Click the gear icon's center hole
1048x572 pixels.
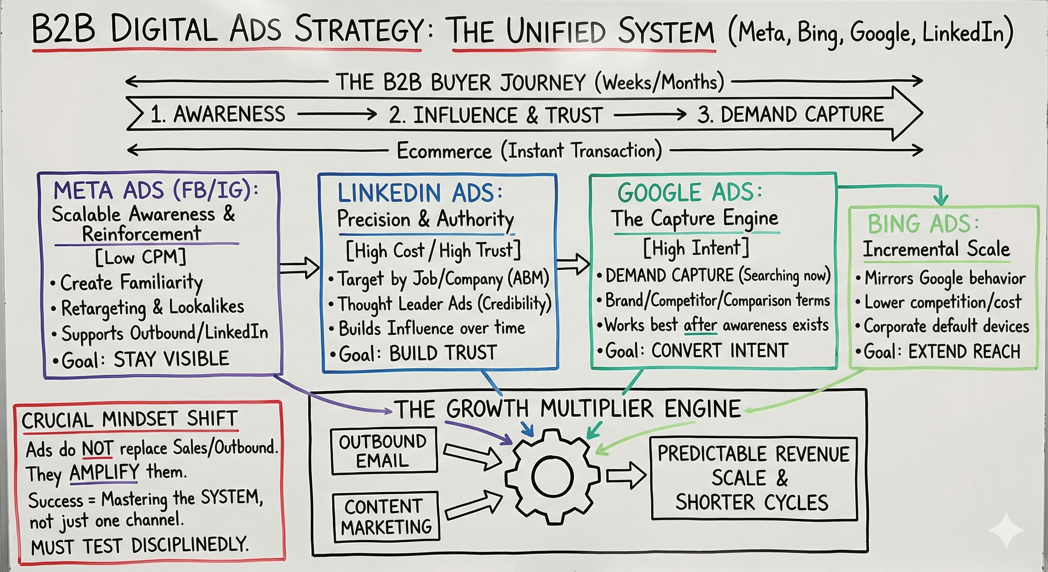pos(552,477)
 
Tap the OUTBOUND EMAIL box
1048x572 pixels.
pos(384,451)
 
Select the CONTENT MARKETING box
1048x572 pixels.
pos(386,517)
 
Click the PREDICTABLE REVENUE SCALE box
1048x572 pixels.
pos(754,478)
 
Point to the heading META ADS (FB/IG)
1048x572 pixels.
pos(156,190)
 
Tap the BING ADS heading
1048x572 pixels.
pos(923,223)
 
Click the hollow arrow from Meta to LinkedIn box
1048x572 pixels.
pos(300,268)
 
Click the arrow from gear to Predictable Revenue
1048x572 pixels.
pos(626,475)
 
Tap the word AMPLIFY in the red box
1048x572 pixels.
pos(104,472)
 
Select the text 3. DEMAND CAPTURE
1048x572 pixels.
pos(790,114)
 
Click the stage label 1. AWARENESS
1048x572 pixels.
pos(218,114)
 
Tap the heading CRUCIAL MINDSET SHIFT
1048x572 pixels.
pos(130,419)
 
